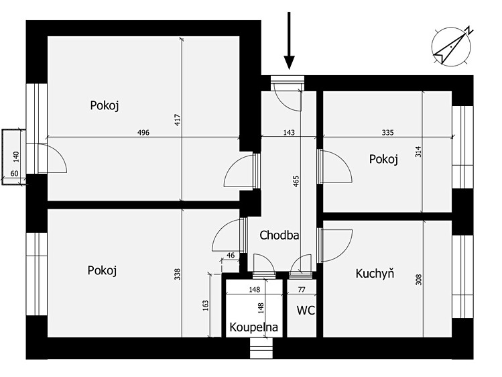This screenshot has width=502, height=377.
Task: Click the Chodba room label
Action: click(279, 235)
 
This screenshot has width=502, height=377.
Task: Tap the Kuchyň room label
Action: click(375, 273)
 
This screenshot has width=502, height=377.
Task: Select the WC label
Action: click(306, 311)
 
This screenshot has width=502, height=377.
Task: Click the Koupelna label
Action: click(253, 327)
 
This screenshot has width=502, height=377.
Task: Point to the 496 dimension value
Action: click(143, 132)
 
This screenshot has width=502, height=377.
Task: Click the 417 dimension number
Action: click(178, 120)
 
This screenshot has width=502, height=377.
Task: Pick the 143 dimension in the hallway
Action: click(289, 132)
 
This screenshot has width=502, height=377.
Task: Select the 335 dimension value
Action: click(387, 132)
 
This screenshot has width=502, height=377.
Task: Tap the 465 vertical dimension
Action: click(296, 181)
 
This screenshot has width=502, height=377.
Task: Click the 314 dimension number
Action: click(418, 152)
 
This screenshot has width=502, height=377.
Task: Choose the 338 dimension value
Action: click(178, 274)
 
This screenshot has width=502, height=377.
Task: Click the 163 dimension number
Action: click(205, 305)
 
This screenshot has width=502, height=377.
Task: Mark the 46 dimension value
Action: click(231, 256)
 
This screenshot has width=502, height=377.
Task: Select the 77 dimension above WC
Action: click(302, 290)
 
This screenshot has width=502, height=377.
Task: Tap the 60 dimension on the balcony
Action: click(14, 174)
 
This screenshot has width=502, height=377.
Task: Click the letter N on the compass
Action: click(469, 31)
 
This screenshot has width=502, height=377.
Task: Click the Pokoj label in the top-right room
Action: click(383, 159)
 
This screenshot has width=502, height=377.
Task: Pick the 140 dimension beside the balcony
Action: click(16, 156)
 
